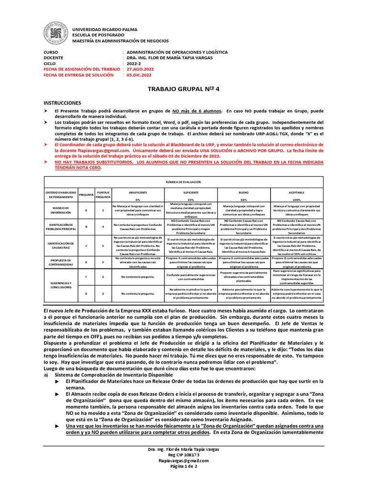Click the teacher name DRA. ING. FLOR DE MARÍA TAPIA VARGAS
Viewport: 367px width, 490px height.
pos(177,57)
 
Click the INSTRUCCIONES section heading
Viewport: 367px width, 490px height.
pos(62,103)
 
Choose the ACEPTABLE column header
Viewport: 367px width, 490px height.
pos(296,192)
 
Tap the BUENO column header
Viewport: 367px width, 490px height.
pos(243,192)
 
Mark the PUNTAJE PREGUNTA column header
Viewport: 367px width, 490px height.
pos(103,194)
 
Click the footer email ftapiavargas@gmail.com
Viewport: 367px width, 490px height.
pos(183,460)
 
